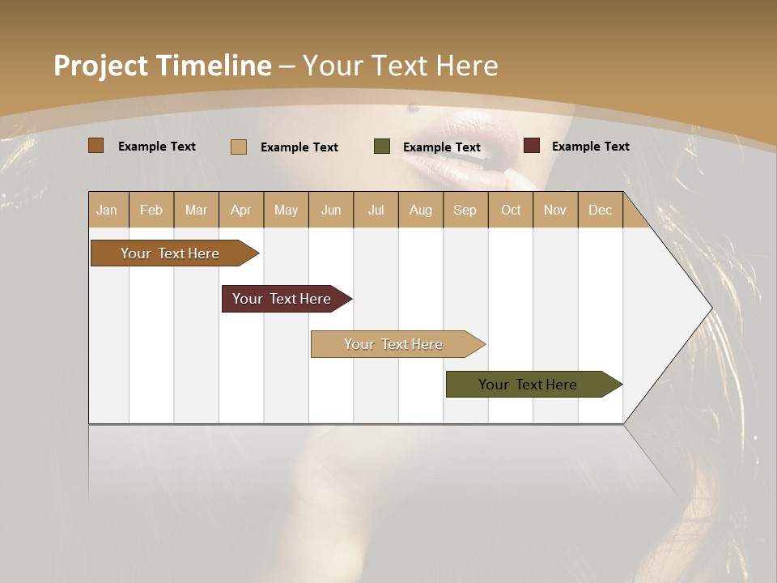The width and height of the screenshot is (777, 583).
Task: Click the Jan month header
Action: (x=107, y=210)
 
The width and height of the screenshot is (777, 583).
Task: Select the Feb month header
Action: (x=151, y=210)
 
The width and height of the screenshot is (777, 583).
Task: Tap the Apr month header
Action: (x=240, y=210)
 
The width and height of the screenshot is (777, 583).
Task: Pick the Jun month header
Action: (x=331, y=210)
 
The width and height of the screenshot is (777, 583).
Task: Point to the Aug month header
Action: (x=421, y=210)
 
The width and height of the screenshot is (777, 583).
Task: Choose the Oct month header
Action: (x=511, y=210)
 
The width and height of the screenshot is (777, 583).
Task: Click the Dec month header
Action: (x=600, y=210)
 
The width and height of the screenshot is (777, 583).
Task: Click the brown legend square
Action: (x=96, y=146)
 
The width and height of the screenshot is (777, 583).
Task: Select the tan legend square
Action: (x=239, y=147)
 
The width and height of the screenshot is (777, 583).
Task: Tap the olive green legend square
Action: (x=382, y=147)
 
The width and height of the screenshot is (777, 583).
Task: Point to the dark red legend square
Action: (x=531, y=146)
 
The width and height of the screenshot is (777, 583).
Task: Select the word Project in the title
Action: (x=101, y=66)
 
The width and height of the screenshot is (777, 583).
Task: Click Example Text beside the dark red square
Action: (x=590, y=147)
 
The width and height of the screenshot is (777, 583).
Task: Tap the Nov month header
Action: (x=555, y=210)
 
